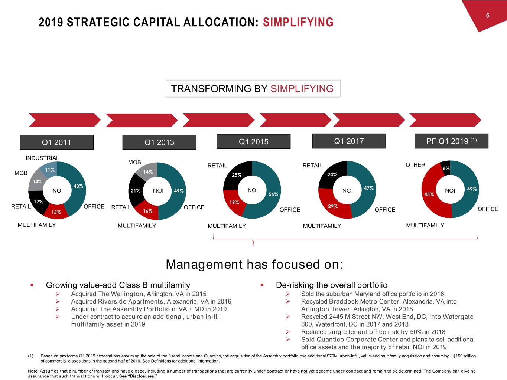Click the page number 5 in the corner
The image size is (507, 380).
[487, 16]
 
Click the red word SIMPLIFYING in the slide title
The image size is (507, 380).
[298, 22]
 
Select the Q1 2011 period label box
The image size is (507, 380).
[56, 142]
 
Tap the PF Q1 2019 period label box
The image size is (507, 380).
[451, 141]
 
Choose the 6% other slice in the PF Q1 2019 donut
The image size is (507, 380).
[446, 168]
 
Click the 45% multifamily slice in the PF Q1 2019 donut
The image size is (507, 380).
[430, 194]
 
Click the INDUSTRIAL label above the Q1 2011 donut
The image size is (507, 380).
[42, 158]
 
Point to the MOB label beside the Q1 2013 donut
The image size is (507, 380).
[134, 162]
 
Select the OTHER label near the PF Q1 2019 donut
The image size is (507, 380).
[415, 165]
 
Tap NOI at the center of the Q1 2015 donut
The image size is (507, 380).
[253, 190]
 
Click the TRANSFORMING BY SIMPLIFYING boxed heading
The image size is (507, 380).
[253, 89]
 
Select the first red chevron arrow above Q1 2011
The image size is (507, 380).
[65, 120]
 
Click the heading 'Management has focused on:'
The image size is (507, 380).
[254, 265]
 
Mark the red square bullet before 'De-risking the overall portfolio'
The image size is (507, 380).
[262, 285]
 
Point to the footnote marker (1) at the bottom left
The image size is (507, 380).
[31, 356]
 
